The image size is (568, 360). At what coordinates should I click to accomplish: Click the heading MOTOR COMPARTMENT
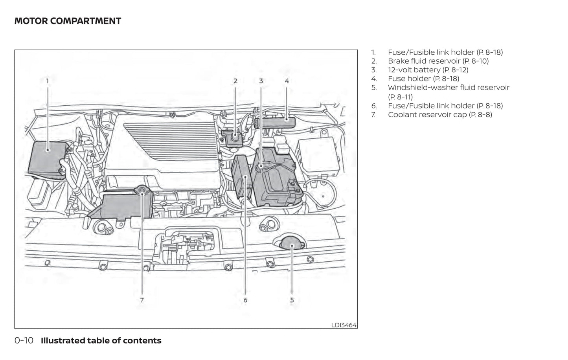68,21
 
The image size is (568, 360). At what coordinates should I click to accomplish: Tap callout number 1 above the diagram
48,81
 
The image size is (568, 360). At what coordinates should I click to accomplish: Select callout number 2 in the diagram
235,81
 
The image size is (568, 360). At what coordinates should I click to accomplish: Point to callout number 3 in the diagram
261,81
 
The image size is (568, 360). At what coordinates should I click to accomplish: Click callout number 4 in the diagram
287,81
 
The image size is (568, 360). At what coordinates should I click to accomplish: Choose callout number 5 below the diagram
292,300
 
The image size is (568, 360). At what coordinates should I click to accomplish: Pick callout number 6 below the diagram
245,300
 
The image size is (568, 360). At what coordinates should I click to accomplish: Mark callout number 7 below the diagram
142,300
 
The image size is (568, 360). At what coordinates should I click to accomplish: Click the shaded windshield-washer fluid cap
292,246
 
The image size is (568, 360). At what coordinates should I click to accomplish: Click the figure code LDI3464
344,325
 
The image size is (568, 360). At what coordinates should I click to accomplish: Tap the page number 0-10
24,341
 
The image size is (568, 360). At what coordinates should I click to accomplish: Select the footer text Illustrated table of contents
101,341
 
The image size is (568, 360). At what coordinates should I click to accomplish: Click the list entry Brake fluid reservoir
438,61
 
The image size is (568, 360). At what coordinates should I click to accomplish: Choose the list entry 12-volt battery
428,70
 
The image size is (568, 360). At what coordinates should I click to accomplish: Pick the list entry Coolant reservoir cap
439,115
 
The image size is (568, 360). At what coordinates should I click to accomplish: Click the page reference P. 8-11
400,97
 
